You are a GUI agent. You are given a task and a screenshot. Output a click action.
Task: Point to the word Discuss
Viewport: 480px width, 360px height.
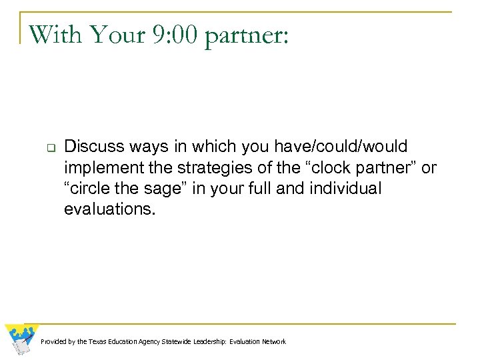click(91, 146)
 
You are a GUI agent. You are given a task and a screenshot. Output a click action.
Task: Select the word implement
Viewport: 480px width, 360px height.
click(99, 168)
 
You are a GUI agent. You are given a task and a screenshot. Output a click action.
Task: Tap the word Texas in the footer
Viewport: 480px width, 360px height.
click(97, 342)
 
